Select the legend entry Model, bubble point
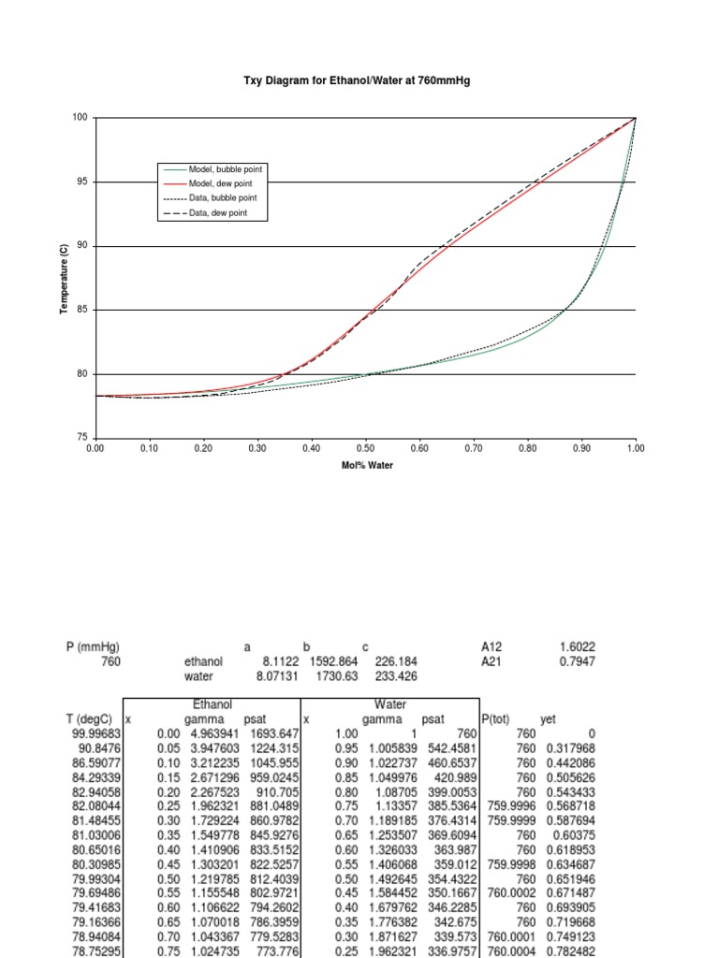tap(226, 169)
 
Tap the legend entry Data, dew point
tap(222, 214)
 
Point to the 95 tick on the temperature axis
tap(82, 181)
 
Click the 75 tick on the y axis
tap(82, 438)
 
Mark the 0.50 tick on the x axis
tap(365, 449)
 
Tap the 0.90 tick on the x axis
tap(581, 449)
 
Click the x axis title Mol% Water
tap(367, 465)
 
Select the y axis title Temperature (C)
tap(65, 278)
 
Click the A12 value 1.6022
tap(577, 646)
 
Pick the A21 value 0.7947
tap(577, 661)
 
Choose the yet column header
tap(549, 719)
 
